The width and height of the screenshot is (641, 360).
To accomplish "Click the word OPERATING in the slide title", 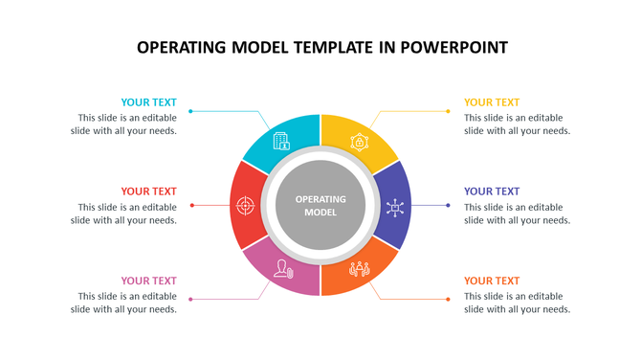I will click(x=183, y=47).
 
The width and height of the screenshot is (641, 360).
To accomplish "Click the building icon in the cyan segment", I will click(x=281, y=141).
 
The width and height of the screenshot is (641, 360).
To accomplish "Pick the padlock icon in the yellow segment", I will click(x=360, y=142).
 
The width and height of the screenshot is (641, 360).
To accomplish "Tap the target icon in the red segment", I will click(x=245, y=205).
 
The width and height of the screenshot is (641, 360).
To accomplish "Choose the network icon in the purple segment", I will click(x=395, y=206).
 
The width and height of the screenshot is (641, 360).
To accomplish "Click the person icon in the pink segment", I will click(x=282, y=269).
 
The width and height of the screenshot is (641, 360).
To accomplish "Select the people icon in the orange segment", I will click(x=359, y=270).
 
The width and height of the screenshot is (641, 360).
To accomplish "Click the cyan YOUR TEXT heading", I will click(x=148, y=102).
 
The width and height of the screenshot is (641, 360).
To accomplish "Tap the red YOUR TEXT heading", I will click(x=148, y=191).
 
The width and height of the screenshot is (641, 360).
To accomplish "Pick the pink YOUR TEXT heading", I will click(x=148, y=281).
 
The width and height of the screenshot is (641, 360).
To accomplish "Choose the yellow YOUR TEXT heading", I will click(x=492, y=102).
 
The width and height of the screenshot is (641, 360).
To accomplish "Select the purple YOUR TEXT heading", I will click(x=492, y=191).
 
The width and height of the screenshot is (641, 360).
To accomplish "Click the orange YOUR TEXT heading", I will click(x=492, y=281).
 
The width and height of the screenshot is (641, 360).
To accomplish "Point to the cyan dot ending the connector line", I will click(x=190, y=111).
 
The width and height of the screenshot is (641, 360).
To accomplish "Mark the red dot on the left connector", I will click(x=192, y=205).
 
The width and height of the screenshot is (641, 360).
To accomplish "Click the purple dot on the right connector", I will click(x=448, y=205).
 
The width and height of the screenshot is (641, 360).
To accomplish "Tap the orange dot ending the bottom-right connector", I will click(x=448, y=299).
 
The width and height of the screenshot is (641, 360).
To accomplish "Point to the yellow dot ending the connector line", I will click(x=448, y=111).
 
